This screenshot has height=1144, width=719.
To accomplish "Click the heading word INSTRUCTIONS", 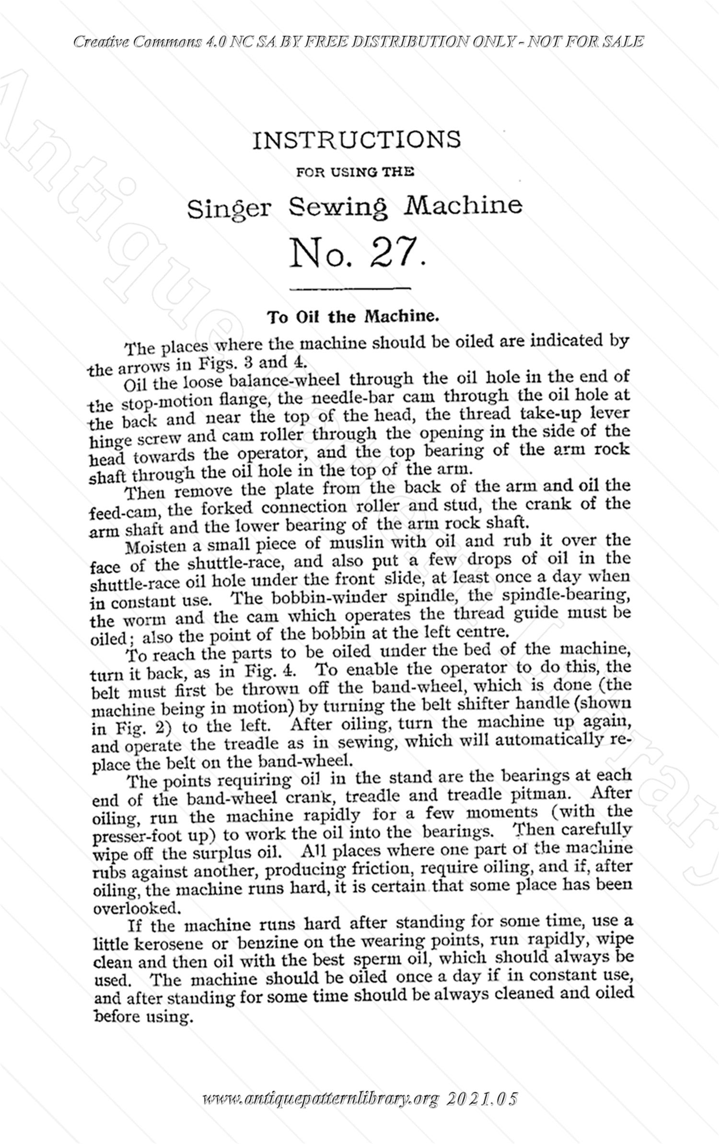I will (x=356, y=140).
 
